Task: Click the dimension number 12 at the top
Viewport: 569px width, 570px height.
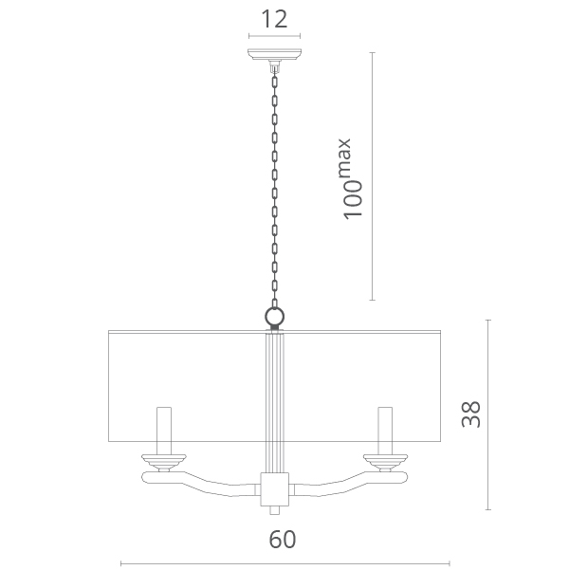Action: (274, 19)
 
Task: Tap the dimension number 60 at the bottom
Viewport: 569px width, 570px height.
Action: (283, 540)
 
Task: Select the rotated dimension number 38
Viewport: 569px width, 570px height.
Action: (470, 414)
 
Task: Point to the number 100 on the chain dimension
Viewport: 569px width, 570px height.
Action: (353, 200)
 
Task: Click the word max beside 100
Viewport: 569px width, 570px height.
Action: (344, 157)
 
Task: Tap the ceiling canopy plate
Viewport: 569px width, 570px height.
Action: (274, 54)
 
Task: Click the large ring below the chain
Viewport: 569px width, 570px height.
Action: (274, 317)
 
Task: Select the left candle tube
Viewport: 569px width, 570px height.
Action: (164, 431)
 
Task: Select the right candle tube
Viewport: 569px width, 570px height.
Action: (385, 431)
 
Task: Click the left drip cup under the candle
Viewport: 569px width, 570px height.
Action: (164, 462)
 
